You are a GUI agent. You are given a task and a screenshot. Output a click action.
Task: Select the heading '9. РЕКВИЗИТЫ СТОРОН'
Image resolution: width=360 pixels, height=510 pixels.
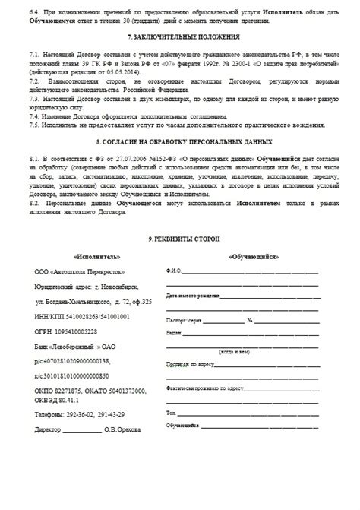tap(184, 239)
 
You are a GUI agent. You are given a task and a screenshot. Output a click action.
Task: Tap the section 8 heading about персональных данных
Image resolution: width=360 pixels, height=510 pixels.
tap(185, 142)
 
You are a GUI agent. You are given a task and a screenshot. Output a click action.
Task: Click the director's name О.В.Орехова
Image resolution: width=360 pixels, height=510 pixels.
tap(123, 430)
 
